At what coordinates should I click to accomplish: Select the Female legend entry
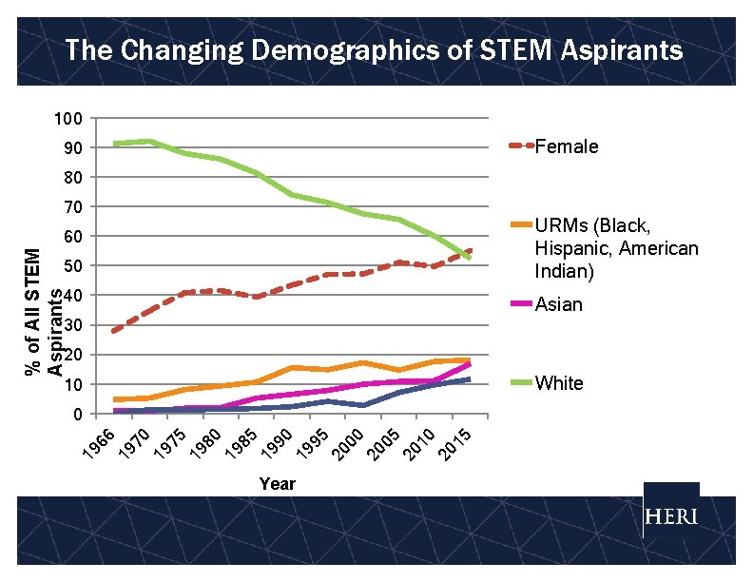(x=567, y=146)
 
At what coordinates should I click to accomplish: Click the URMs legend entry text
(x=604, y=248)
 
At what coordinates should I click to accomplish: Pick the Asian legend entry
(x=559, y=304)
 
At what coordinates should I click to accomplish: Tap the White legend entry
(x=559, y=383)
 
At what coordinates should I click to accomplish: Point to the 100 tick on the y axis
(x=67, y=119)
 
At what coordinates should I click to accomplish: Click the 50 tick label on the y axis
(x=71, y=265)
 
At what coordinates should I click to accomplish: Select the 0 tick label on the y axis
(x=76, y=414)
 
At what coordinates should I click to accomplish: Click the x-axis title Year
(x=277, y=484)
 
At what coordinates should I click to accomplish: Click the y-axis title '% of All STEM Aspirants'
(x=45, y=311)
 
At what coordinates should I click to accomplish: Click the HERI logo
(x=671, y=517)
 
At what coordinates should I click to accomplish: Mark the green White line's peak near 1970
(x=148, y=142)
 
